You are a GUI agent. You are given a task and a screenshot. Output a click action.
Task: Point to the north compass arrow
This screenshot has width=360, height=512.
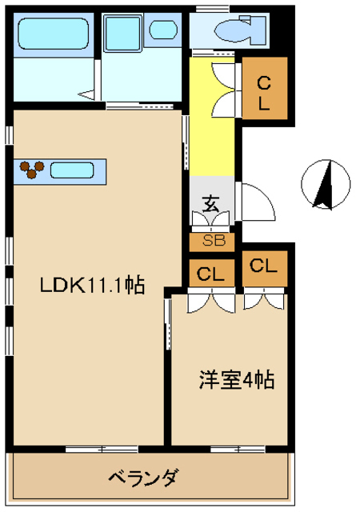[324, 186]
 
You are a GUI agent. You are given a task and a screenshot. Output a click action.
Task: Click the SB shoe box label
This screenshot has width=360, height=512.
[213, 240]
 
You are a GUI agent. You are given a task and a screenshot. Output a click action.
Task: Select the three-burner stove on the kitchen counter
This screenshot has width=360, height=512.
[32, 169]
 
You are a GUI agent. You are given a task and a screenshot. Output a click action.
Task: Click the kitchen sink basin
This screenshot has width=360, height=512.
[73, 170]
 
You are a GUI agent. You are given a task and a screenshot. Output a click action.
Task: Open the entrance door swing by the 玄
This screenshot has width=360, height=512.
[258, 201]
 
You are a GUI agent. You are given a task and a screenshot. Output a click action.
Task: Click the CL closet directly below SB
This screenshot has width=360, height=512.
[212, 274]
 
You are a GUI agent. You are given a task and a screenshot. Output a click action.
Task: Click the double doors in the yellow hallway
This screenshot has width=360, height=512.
[230, 87]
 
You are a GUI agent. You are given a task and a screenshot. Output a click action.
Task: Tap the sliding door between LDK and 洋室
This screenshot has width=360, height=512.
[168, 324]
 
